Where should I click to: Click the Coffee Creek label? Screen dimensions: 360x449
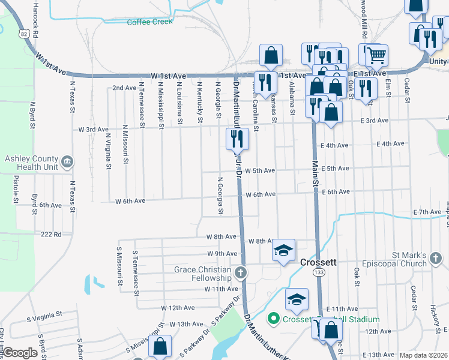(149, 22)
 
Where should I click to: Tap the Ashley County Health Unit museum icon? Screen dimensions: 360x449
(67, 161)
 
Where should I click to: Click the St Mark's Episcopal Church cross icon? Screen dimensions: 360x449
(435, 259)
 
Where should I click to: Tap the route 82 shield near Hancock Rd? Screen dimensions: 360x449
(23, 34)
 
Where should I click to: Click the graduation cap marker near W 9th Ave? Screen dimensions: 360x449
(284, 250)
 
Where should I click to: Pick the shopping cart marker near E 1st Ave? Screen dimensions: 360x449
(376, 55)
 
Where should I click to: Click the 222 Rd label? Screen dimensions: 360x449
(50, 235)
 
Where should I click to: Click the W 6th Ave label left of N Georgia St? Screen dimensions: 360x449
(130, 201)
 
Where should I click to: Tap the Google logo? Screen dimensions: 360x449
(20, 353)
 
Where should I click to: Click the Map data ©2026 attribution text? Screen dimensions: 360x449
(423, 355)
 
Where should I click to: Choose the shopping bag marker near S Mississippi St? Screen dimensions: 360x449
(160, 346)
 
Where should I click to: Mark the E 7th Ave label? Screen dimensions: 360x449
(427, 212)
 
